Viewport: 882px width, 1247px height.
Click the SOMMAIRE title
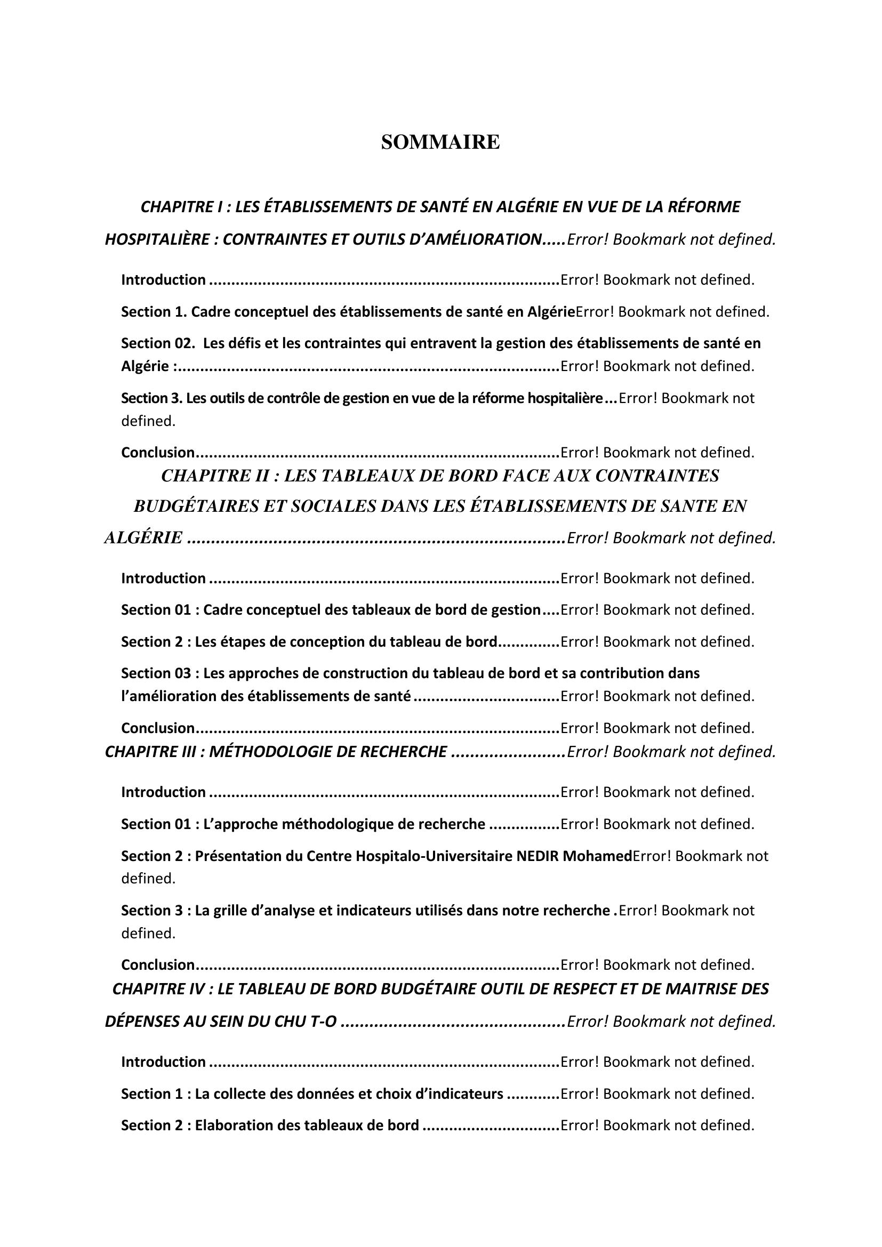tap(440, 142)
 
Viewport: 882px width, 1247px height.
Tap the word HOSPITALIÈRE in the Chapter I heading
tap(157, 239)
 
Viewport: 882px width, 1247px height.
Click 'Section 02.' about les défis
tap(157, 343)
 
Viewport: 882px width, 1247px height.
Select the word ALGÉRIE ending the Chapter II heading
tap(143, 538)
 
